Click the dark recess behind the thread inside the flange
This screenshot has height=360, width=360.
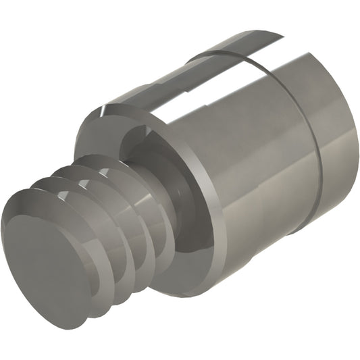click(x=145, y=145)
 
